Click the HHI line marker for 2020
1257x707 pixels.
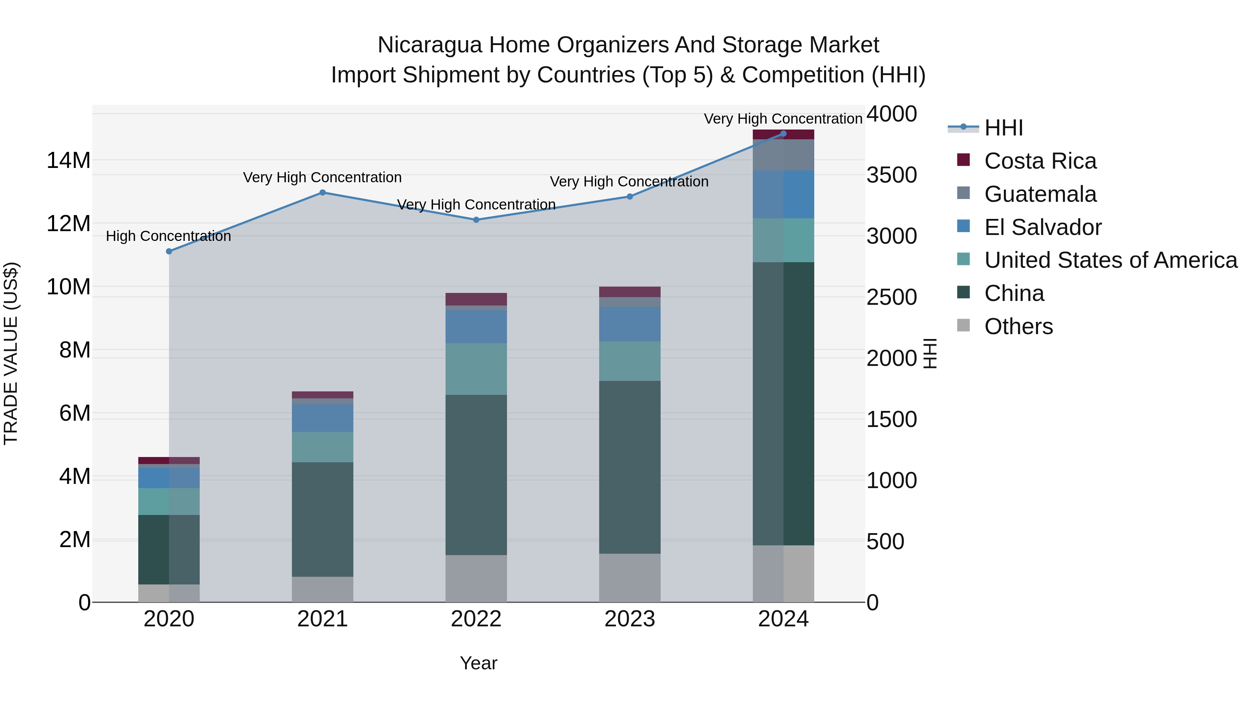coord(169,251)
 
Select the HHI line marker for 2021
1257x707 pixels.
coord(323,192)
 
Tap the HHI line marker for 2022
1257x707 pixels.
coord(476,220)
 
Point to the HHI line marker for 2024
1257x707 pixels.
coord(783,134)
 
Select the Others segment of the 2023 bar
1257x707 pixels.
coord(630,578)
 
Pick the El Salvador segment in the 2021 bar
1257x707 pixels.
coord(323,418)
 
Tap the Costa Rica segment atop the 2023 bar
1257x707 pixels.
coord(630,292)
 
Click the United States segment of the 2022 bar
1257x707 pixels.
coord(476,369)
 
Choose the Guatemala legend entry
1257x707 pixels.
coord(1040,194)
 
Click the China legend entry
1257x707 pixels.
coord(1014,293)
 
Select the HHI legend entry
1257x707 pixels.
coord(1003,128)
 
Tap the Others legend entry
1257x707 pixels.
coord(1019,326)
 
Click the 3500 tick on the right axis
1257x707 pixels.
coord(891,175)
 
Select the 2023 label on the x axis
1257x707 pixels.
coord(630,619)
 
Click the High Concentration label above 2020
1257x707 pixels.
coord(168,236)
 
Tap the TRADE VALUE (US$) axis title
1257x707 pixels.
coord(11,353)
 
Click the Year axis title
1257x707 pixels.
coord(478,663)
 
